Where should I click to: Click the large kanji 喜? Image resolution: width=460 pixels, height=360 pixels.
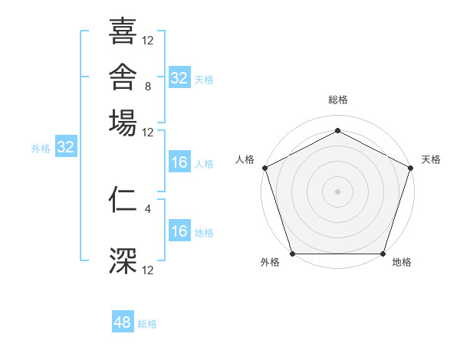(123, 31)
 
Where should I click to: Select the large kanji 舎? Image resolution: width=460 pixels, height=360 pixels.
(123, 77)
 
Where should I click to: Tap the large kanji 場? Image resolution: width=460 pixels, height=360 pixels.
(123, 123)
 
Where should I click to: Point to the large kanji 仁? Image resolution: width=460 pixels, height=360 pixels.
(123, 200)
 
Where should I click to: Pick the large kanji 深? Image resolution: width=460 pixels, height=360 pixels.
(123, 260)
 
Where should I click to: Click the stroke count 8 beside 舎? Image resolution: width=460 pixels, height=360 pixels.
(148, 87)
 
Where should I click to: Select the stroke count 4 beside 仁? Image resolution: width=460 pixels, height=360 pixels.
(148, 209)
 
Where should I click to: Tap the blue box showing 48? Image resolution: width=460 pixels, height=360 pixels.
(123, 321)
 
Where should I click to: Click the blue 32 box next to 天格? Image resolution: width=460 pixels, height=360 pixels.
(179, 77)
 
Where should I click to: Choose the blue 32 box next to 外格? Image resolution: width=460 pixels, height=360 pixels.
(66, 146)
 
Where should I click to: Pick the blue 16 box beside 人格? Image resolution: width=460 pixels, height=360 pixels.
(179, 162)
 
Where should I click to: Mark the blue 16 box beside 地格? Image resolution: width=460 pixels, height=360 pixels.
(179, 230)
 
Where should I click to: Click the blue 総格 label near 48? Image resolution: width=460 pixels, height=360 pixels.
(147, 324)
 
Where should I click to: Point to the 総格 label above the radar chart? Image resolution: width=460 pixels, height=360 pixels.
(338, 100)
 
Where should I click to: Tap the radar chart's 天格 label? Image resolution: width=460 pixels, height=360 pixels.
(431, 159)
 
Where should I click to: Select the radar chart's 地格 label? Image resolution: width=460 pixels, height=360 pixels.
(402, 262)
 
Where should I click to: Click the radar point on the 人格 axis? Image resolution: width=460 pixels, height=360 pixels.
(265, 168)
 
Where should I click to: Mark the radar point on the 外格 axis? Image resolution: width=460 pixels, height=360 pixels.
(293, 254)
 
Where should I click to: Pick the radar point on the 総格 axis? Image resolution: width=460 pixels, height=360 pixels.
(337, 130)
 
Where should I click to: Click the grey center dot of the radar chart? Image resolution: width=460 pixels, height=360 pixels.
(337, 191)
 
